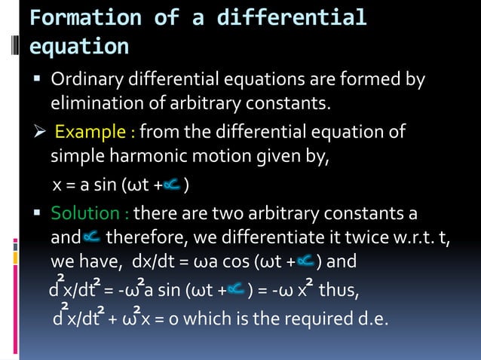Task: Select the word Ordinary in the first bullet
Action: tap(84, 80)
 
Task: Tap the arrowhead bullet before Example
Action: tap(38, 133)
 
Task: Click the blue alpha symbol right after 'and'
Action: tap(91, 239)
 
